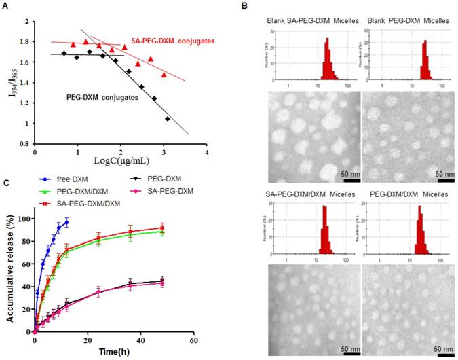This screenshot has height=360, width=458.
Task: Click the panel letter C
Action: pyautogui.click(x=5, y=183)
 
